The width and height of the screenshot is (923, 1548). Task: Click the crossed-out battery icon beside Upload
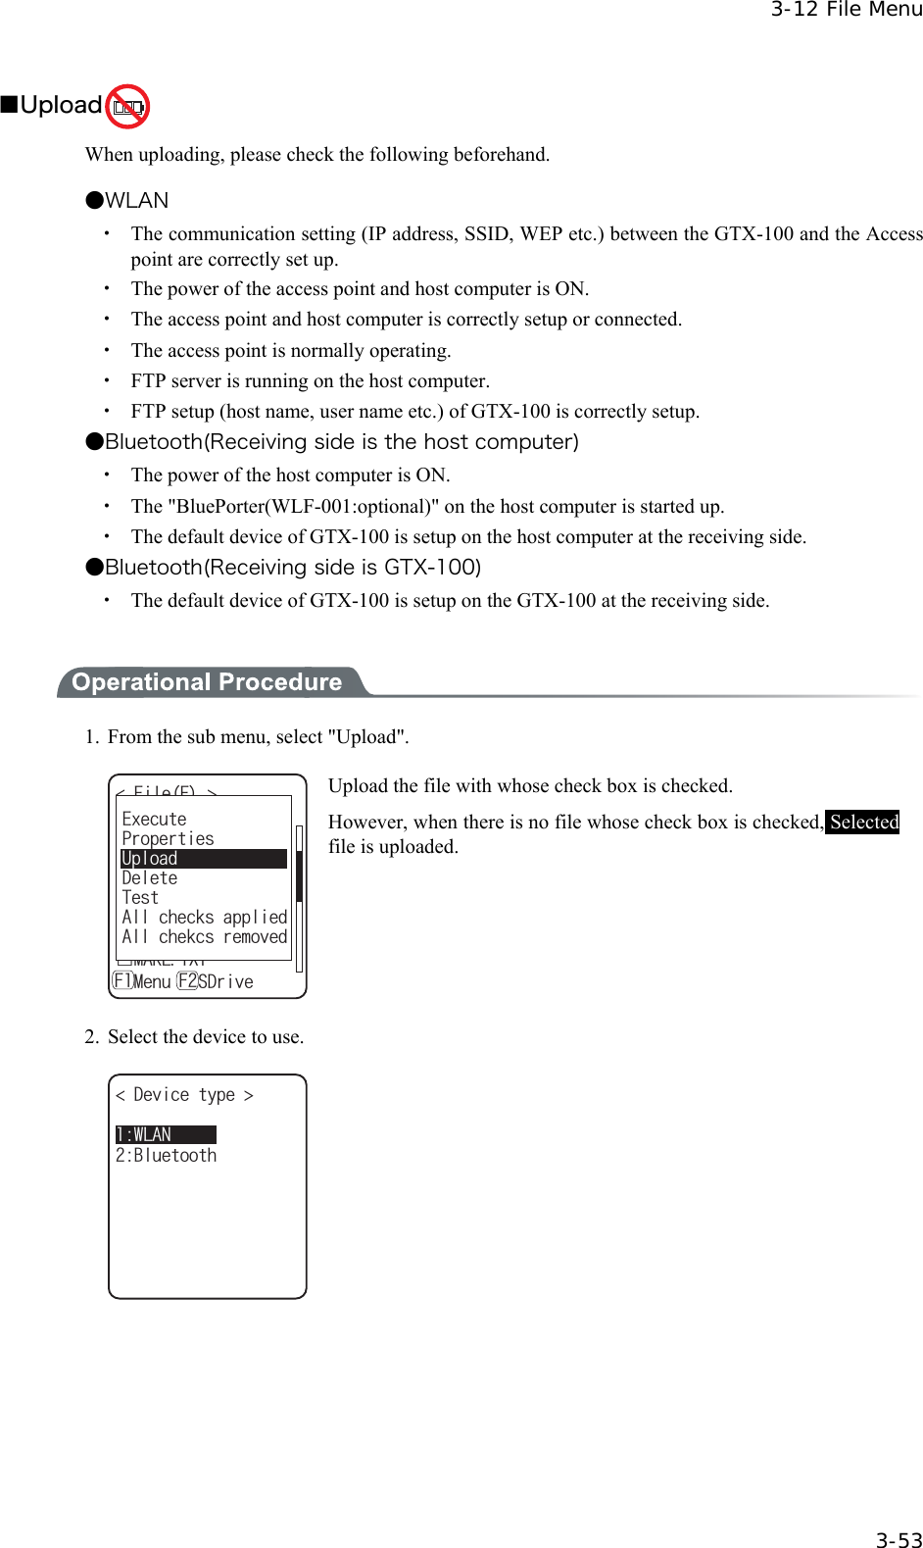[127, 107]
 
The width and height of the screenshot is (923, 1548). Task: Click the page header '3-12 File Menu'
[845, 10]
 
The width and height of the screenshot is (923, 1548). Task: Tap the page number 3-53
[898, 1540]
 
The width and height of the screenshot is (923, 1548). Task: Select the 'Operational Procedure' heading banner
[207, 682]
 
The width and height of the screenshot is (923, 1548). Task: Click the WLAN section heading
[136, 201]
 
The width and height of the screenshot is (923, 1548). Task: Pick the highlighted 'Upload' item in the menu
[150, 859]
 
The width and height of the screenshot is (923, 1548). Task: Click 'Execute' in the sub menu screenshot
[154, 819]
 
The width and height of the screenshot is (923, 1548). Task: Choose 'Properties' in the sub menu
[168, 839]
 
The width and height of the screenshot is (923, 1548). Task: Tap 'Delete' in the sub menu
[150, 878]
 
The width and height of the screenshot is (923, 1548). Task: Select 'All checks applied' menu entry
[204, 918]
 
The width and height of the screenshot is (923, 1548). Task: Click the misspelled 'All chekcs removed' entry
[204, 937]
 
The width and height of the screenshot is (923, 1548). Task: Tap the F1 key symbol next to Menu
[122, 981]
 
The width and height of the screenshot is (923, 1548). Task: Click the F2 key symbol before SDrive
[187, 981]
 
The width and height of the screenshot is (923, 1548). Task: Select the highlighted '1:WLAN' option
[144, 1134]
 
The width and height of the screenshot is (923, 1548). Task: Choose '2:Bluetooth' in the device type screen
[166, 1156]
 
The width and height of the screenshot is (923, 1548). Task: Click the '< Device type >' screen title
[184, 1095]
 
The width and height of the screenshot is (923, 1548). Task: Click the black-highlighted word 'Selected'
[863, 823]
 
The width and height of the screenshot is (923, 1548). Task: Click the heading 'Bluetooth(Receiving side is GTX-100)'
[293, 568]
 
